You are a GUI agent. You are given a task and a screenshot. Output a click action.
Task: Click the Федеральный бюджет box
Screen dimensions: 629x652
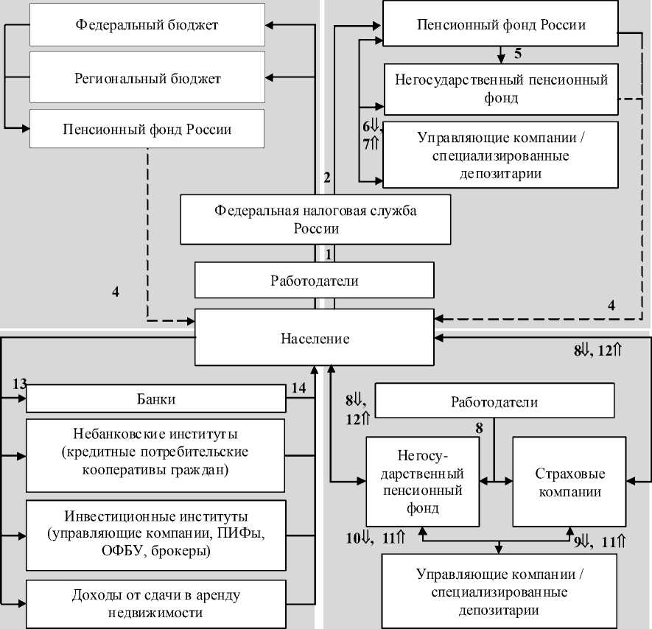pos(147,25)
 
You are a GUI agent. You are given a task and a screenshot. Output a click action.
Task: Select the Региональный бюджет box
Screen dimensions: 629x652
pos(147,77)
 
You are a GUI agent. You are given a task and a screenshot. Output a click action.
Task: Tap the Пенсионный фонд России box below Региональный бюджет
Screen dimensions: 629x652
pos(147,130)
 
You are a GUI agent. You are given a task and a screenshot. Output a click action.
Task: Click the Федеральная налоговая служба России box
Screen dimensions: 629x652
pos(315,219)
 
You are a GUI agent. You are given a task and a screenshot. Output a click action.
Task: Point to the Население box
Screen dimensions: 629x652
pos(315,339)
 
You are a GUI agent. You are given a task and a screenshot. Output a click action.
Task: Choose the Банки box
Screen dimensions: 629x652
pos(155,400)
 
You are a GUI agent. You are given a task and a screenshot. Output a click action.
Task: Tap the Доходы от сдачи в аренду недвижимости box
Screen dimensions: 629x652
pos(155,603)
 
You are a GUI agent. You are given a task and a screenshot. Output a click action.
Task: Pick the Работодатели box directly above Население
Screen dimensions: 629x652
pos(315,281)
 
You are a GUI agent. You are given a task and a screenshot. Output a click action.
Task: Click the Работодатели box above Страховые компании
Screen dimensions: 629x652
pos(494,402)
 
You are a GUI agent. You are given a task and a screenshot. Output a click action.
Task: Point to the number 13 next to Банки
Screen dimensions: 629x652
pos(20,384)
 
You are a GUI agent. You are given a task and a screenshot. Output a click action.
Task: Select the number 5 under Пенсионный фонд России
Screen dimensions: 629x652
pos(518,54)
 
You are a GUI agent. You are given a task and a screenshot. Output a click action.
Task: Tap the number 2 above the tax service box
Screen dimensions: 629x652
pos(326,177)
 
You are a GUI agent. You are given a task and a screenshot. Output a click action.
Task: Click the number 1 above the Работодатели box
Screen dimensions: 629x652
pos(330,253)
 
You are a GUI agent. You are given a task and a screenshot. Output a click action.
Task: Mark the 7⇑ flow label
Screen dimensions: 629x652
pos(370,144)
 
